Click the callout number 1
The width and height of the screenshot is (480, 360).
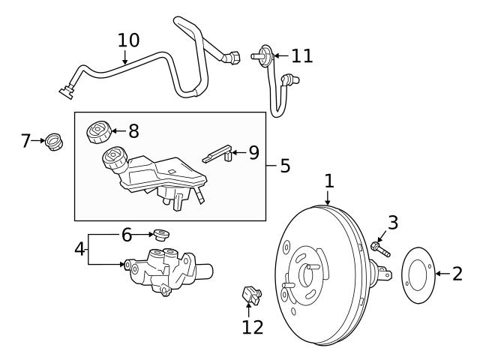[x=328, y=181]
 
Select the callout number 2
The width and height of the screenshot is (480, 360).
[x=457, y=274]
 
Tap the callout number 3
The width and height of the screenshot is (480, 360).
[x=392, y=222]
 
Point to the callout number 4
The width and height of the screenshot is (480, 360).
[x=80, y=248]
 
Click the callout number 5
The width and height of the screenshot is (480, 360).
[x=284, y=166]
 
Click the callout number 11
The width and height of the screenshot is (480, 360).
[x=301, y=55]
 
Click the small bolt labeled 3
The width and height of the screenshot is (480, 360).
[x=379, y=247]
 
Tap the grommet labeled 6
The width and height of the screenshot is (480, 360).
[x=159, y=234]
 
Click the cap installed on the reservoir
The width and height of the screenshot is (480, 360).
[x=113, y=159]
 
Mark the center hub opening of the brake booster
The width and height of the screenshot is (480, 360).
[x=307, y=274]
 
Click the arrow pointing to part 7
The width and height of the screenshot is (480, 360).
[x=38, y=140]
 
